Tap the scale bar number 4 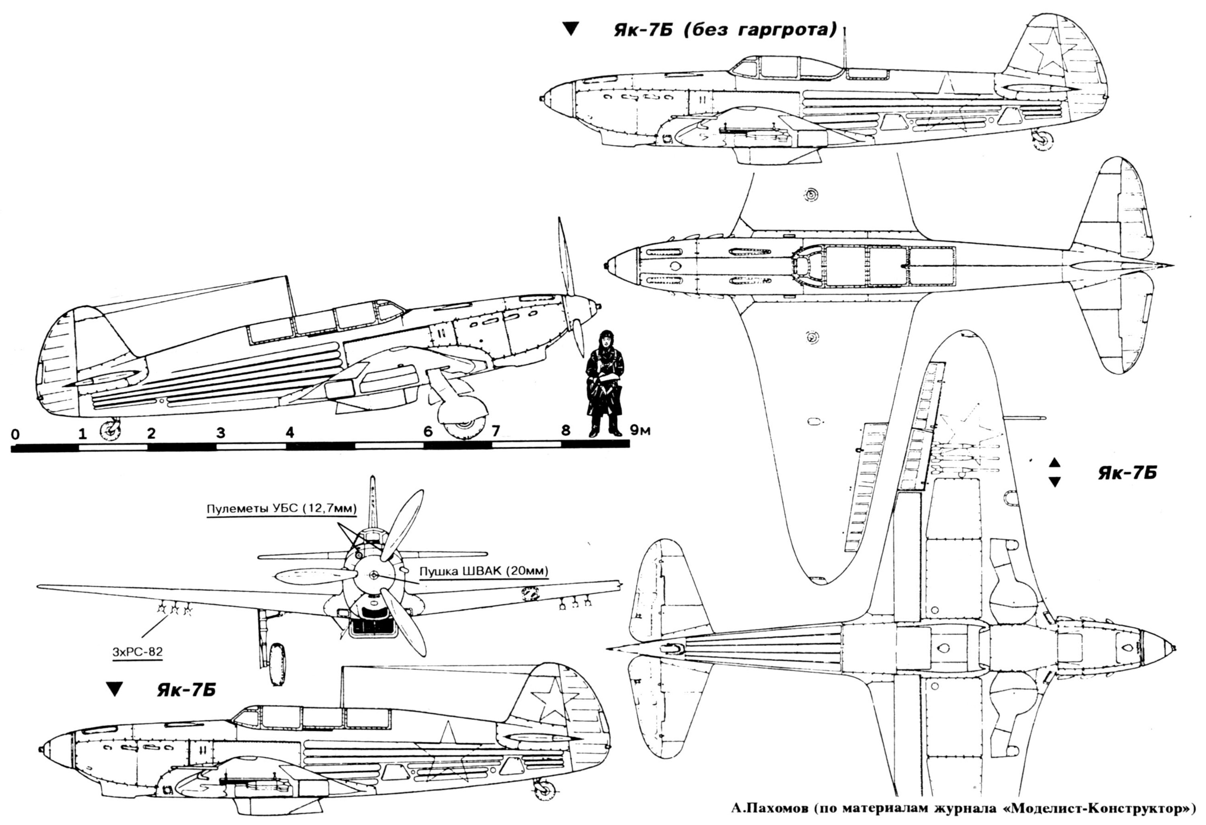coord(289,432)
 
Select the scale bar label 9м coord(640,430)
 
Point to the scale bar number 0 coord(16,434)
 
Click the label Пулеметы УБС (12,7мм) coord(282,509)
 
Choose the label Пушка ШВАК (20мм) coord(484,572)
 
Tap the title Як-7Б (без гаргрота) coord(726,30)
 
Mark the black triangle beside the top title coord(571,29)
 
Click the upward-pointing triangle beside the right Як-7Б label coord(1054,462)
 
